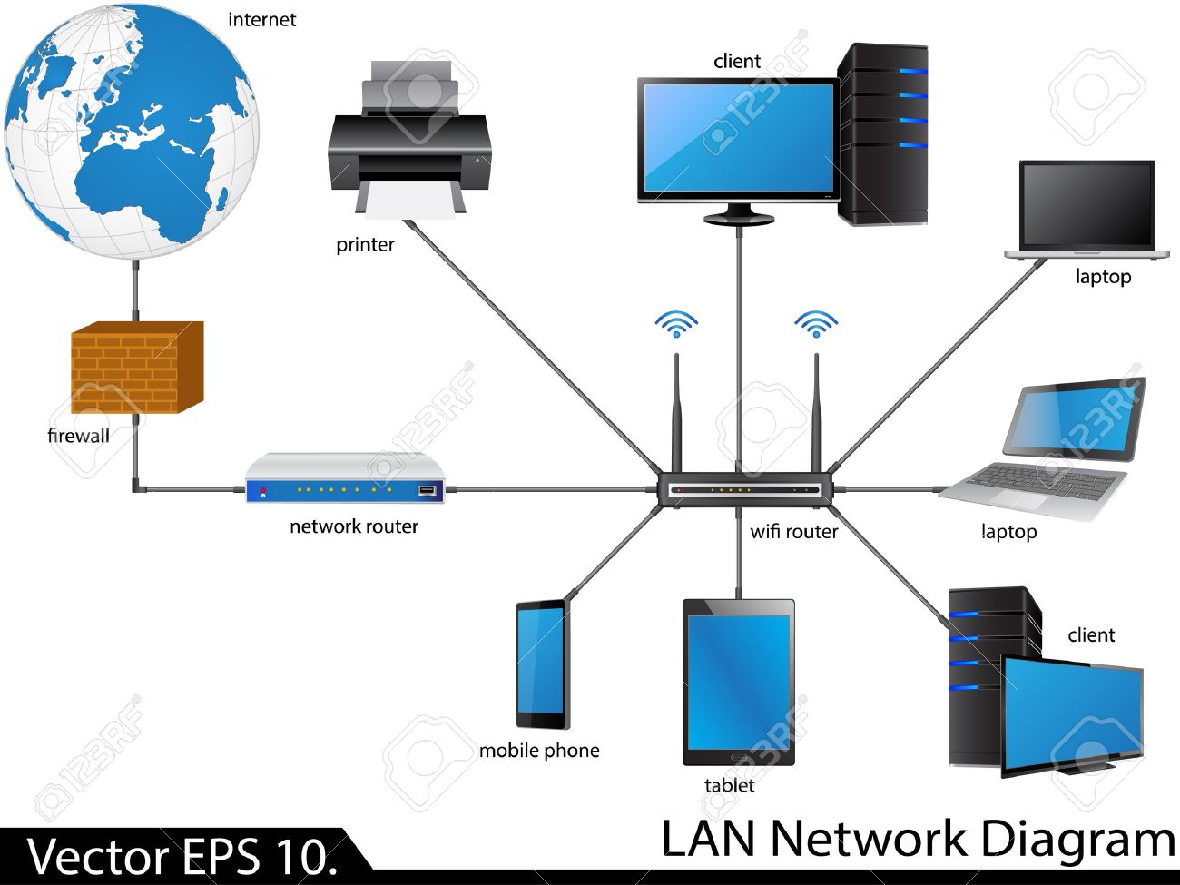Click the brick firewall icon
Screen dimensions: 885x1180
(136, 368)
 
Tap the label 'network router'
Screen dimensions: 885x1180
(354, 526)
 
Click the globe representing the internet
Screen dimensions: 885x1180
(132, 132)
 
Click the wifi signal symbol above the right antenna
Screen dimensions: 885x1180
(816, 323)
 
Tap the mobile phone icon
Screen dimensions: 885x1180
(543, 664)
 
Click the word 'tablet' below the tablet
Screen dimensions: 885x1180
(729, 785)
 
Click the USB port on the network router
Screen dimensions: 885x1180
(427, 490)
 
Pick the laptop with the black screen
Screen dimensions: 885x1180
(1087, 209)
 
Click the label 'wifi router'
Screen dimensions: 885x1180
(793, 532)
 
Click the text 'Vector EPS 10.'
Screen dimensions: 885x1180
(182, 856)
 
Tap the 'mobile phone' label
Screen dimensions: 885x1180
(539, 751)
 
